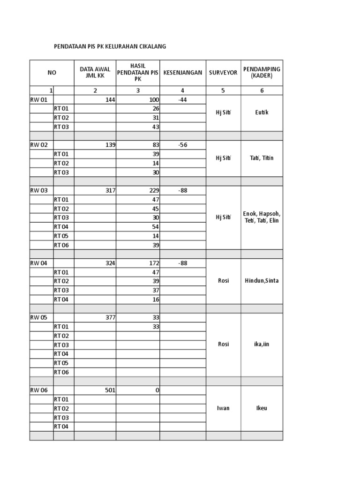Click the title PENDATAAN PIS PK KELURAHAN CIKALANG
(110, 46)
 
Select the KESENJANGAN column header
(183, 73)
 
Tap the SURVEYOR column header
(223, 73)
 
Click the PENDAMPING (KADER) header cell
(262, 72)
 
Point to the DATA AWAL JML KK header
(95, 73)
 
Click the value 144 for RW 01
(110, 100)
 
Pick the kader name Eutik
(262, 113)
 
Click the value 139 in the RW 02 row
(110, 145)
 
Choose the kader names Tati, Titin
(262, 158)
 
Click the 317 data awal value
(110, 191)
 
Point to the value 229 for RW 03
(153, 191)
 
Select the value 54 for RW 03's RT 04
(156, 227)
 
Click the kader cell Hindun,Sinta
(262, 281)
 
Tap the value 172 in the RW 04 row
(153, 263)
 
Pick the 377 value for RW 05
(110, 318)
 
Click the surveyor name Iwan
(223, 408)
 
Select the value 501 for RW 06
(110, 390)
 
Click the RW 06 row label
(39, 390)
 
